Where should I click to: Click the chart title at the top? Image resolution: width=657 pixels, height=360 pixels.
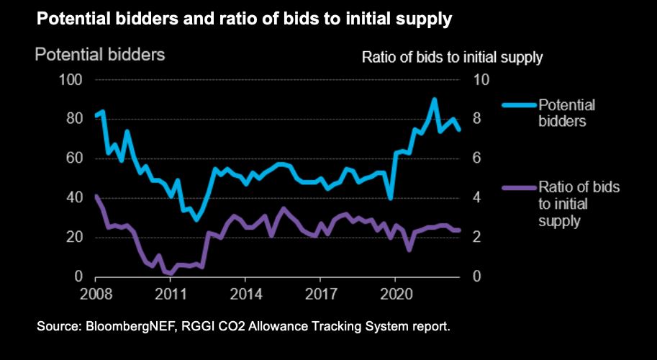244,19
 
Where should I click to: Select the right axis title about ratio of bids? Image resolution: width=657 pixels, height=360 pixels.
451,58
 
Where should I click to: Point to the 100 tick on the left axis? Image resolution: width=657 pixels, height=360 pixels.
73,79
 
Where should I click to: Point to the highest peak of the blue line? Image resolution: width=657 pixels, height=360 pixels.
434,99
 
